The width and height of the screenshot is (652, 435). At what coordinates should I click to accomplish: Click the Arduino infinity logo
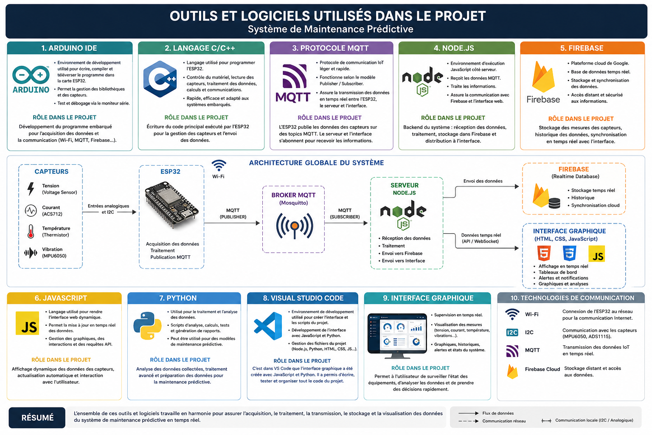tap(31, 75)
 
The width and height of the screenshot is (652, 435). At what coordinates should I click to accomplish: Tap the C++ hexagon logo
tap(160, 79)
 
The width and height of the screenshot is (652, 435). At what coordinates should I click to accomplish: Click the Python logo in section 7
tap(148, 326)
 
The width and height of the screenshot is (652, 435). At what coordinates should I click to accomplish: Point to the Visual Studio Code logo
tap(268, 326)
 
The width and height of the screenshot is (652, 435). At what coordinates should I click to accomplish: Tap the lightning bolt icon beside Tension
tap(31, 189)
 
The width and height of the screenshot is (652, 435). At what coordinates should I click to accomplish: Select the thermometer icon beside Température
tap(31, 232)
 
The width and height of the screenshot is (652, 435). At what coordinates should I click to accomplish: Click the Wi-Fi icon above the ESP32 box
tap(219, 165)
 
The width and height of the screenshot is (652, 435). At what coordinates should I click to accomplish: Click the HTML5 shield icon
tap(544, 253)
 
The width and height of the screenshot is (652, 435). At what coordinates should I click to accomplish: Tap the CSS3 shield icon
tap(569, 253)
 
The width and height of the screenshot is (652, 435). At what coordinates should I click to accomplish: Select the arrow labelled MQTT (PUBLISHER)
tap(232, 223)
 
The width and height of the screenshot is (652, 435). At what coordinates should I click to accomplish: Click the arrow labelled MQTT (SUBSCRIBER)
tap(346, 223)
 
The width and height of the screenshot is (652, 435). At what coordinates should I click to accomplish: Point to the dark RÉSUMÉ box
tap(37, 418)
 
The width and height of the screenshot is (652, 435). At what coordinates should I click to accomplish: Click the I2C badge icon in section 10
tap(512, 333)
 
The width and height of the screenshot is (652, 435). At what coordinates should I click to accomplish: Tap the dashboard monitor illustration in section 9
tap(397, 336)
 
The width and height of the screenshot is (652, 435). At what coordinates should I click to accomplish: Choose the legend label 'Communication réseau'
tap(504, 421)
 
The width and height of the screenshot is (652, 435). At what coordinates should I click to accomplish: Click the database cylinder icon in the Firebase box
tap(554, 203)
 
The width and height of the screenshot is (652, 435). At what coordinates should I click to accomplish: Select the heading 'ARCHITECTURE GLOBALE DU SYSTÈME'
tap(316, 163)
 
